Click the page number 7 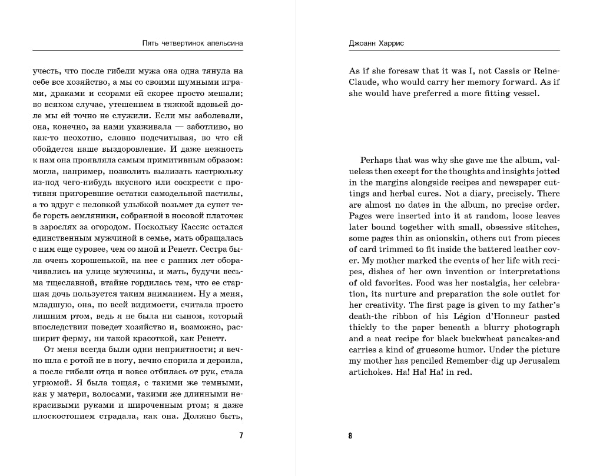[x=241, y=436]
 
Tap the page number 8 [x=350, y=436]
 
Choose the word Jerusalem [x=537, y=361]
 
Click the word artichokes [x=372, y=372]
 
